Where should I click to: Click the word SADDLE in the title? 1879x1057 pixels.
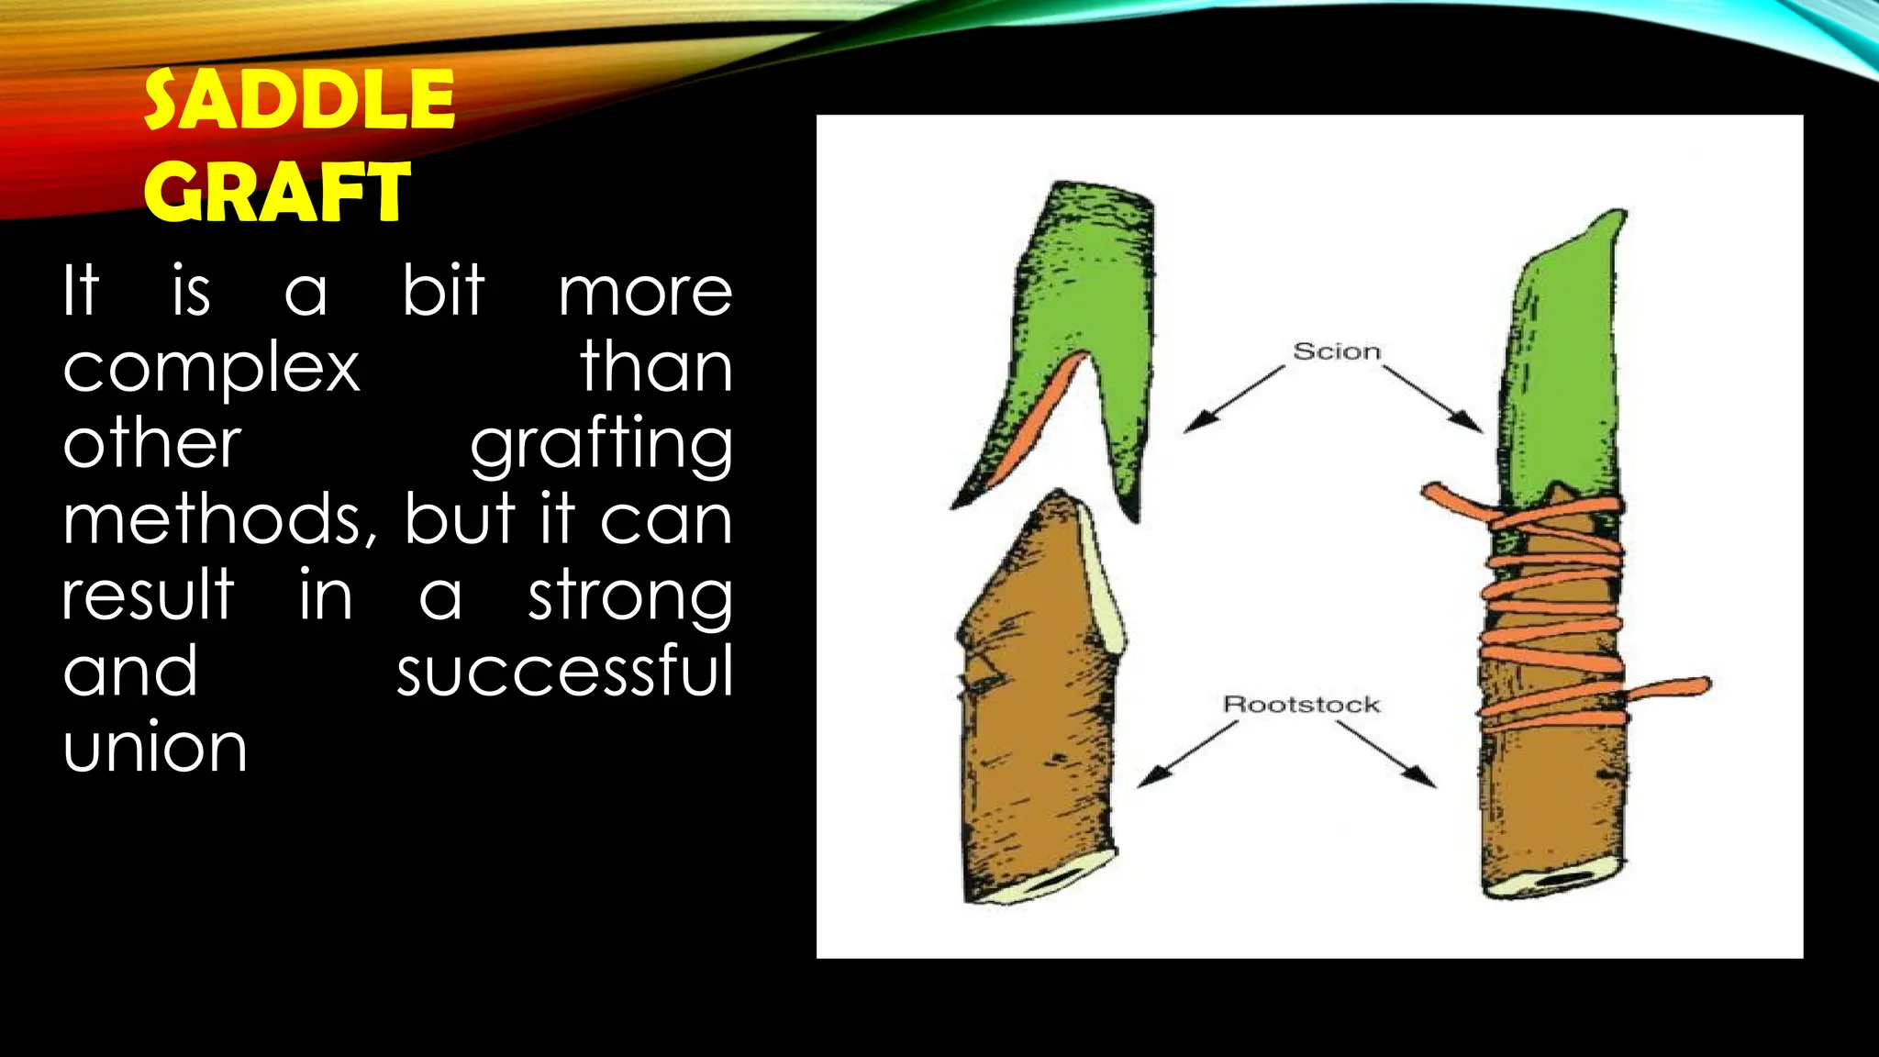pos(299,101)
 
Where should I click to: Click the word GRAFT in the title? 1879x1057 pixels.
pos(276,193)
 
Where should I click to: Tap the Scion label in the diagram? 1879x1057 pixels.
pos(1336,351)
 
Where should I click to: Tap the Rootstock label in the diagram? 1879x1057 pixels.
pos(1301,705)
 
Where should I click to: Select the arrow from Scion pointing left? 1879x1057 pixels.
pos(1234,399)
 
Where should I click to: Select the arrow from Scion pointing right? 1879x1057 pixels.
pos(1433,399)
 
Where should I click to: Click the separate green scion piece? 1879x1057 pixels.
pos(1083,303)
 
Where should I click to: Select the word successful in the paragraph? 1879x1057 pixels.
pos(564,672)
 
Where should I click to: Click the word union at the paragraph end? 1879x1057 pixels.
pos(155,748)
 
